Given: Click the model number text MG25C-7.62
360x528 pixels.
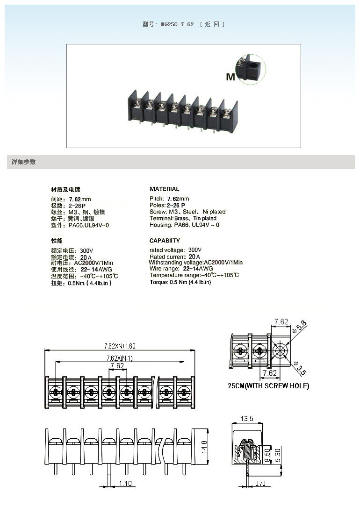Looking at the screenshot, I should coord(177,24).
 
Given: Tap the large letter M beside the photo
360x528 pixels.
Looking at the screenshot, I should coord(230,77).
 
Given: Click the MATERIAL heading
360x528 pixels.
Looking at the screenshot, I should coord(164,189).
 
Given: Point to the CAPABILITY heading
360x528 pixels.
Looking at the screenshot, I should coord(165,241).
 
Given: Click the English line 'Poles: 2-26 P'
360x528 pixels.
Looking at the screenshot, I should coord(167,205).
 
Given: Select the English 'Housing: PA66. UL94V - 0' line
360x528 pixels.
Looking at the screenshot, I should coord(184,225).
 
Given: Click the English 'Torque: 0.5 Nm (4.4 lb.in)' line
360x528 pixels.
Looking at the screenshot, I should coord(180,282).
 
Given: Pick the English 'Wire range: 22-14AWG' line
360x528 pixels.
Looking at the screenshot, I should coord(181,269).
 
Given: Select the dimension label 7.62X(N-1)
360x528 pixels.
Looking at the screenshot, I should coord(117,358).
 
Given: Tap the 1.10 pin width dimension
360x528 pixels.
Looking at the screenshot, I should coord(125,484).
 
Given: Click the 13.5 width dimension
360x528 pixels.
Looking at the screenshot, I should coord(246,418).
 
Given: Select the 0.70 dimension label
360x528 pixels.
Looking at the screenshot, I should coord(259,484).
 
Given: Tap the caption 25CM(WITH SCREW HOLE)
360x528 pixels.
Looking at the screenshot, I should coord(268,386).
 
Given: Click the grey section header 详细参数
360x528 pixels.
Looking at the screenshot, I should coord(24,162).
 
